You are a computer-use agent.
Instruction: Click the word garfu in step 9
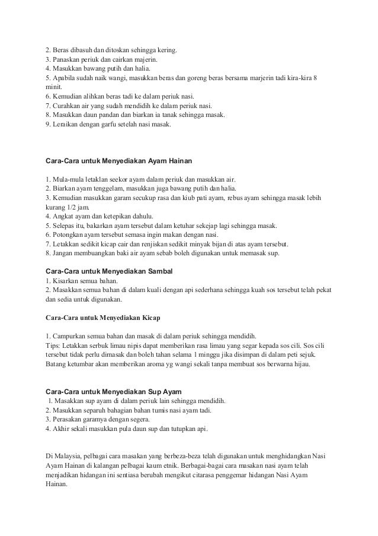(x=110, y=125)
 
